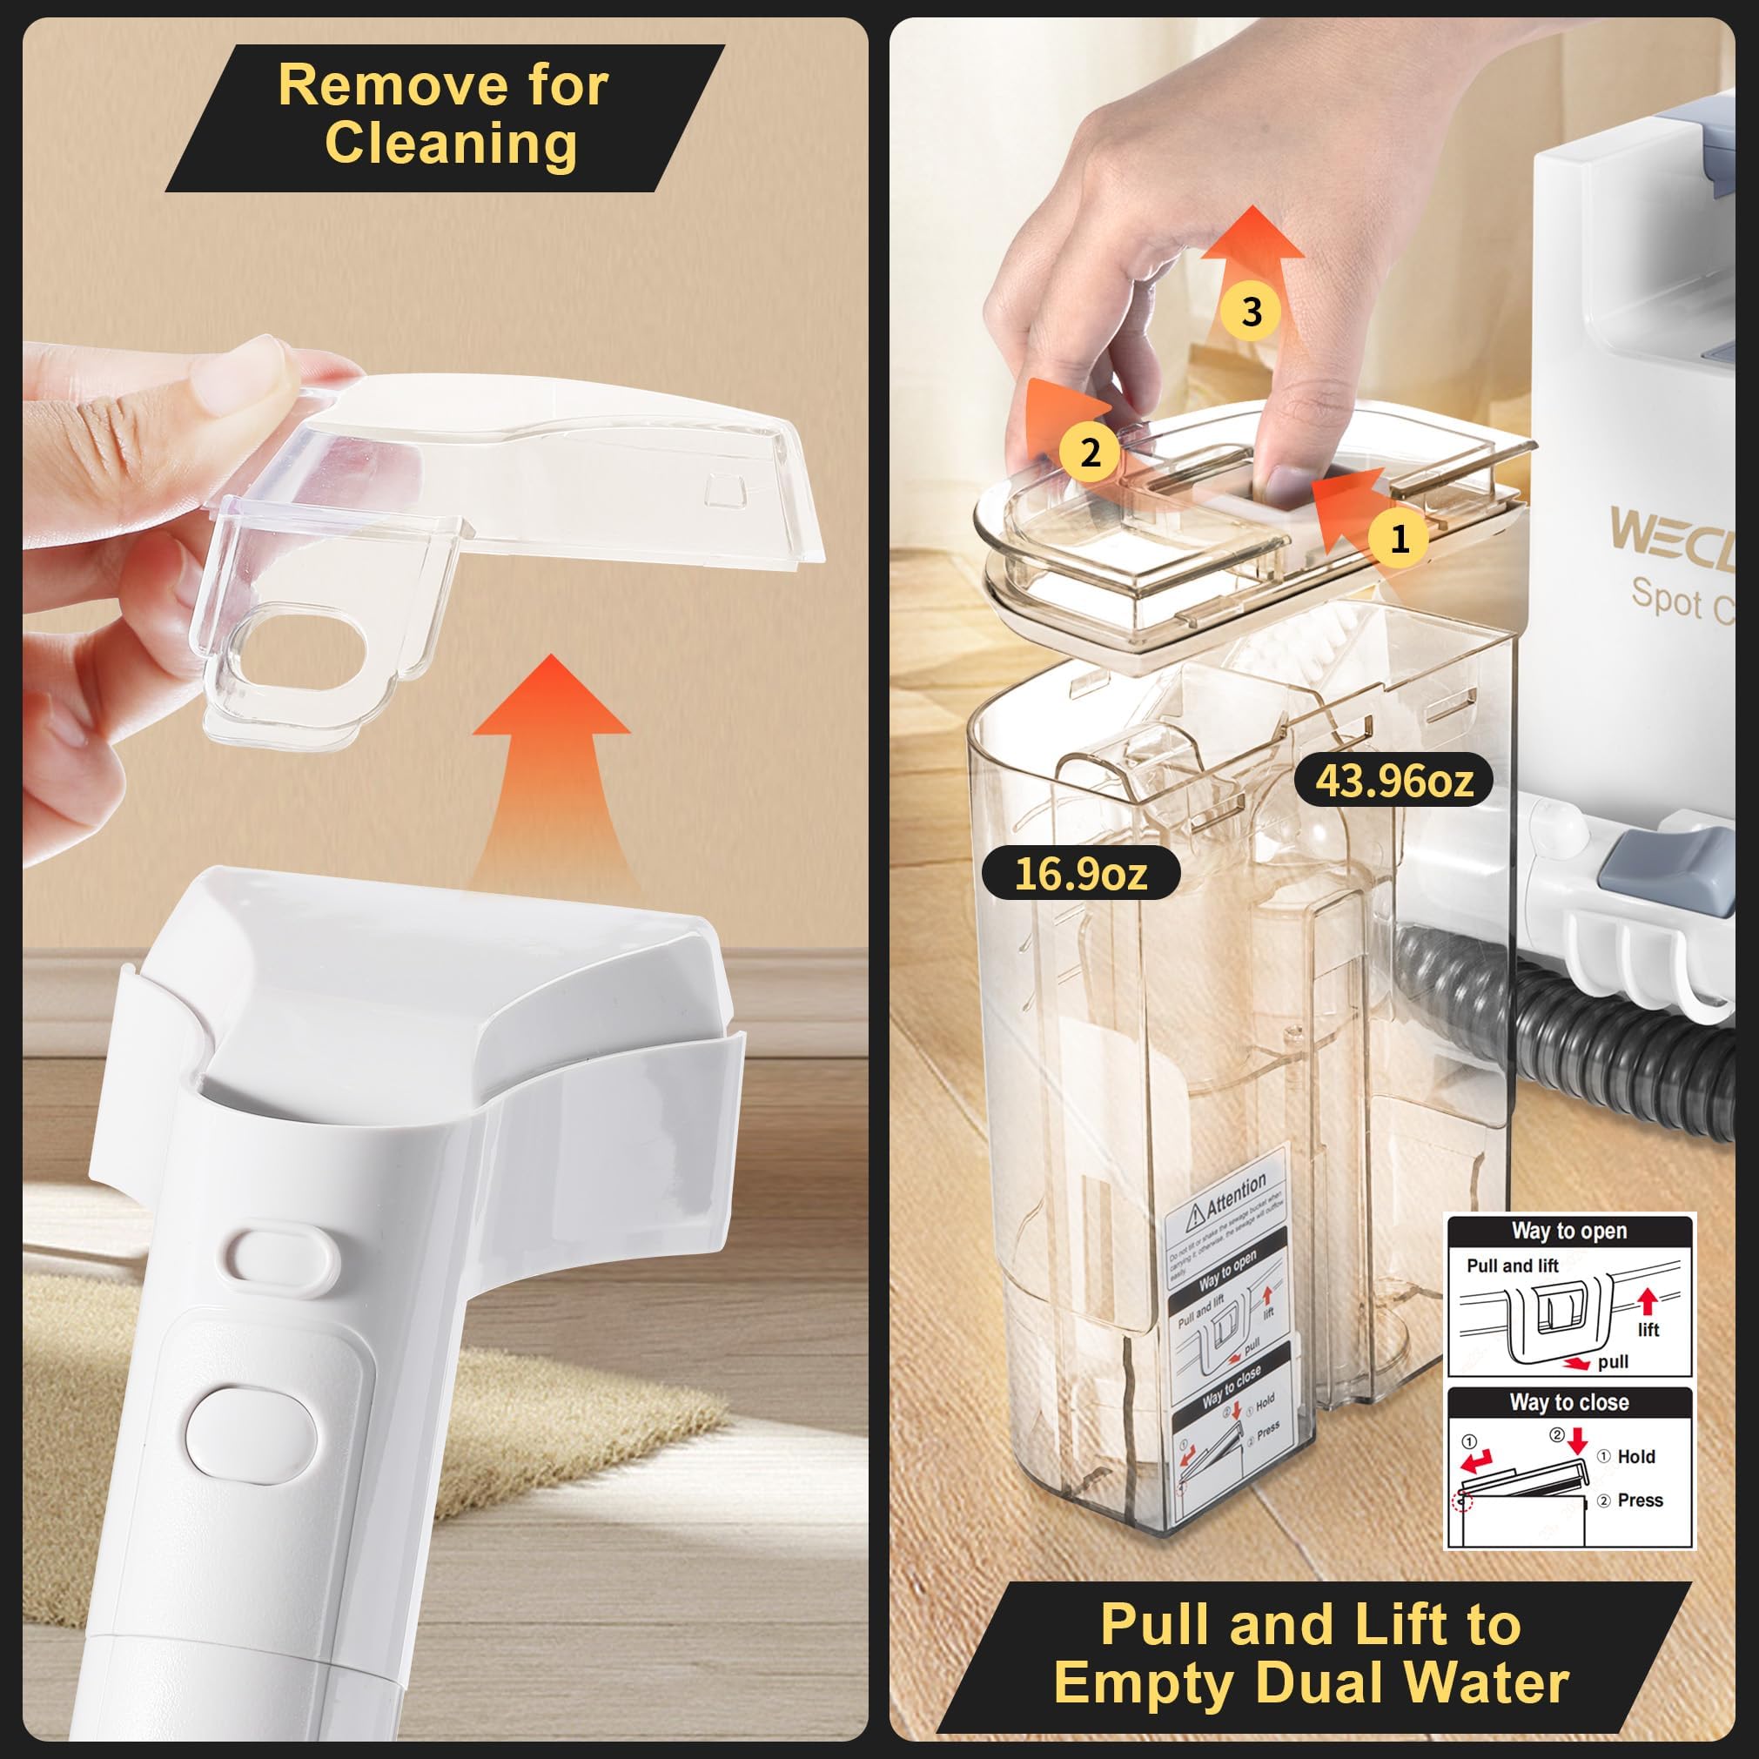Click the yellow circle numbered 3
pyautogui.click(x=1251, y=312)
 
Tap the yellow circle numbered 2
pyautogui.click(x=1090, y=452)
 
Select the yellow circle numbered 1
pyautogui.click(x=1400, y=538)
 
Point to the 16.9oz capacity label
pyautogui.click(x=1081, y=874)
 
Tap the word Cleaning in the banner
pyautogui.click(x=451, y=144)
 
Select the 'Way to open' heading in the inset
pyautogui.click(x=1568, y=1231)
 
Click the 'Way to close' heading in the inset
pyautogui.click(x=1568, y=1402)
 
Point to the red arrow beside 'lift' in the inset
pyautogui.click(x=1647, y=1301)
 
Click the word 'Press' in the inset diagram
pyautogui.click(x=1640, y=1501)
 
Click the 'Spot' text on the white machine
pyautogui.click(x=1665, y=596)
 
